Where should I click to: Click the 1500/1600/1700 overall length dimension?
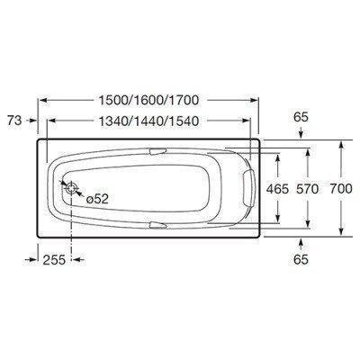(148, 100)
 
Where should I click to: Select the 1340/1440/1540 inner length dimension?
(148, 121)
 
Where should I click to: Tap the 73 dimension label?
(14, 121)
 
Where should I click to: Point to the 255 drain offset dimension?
(54, 260)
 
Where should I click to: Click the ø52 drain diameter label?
(97, 199)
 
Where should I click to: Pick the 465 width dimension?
(278, 189)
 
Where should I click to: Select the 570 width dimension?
(307, 189)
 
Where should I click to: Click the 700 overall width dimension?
(340, 189)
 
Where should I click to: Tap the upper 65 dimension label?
(301, 117)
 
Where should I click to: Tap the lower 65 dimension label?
(301, 259)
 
